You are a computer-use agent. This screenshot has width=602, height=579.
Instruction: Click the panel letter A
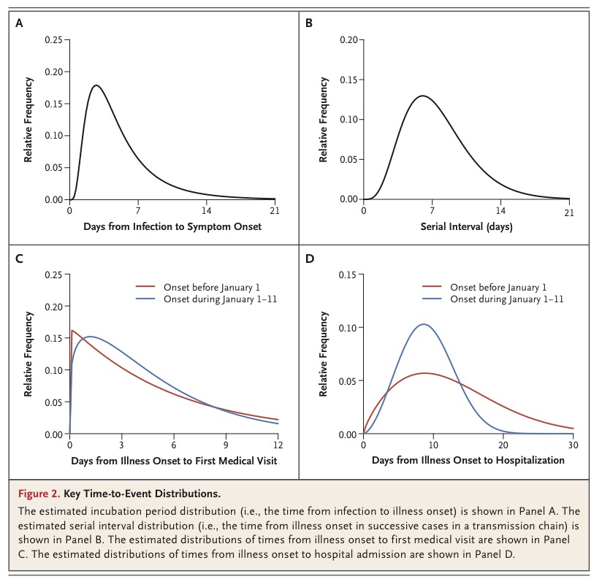[19, 23]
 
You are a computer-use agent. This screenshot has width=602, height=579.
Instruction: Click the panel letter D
[309, 258]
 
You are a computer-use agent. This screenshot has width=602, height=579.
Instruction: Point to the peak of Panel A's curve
[96, 85]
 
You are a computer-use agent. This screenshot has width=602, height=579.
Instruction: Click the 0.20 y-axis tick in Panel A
[52, 72]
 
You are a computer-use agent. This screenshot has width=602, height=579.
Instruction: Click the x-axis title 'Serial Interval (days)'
[466, 226]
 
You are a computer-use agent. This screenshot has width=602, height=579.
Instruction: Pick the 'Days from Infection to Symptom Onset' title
[172, 226]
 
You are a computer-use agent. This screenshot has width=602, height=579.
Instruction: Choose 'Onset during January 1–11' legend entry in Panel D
[507, 299]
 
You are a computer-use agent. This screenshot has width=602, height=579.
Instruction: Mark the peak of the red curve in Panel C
[72, 331]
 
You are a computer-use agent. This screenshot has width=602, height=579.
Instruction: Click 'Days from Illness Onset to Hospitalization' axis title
[468, 461]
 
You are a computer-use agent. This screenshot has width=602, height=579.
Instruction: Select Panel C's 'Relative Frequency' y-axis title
[28, 354]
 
